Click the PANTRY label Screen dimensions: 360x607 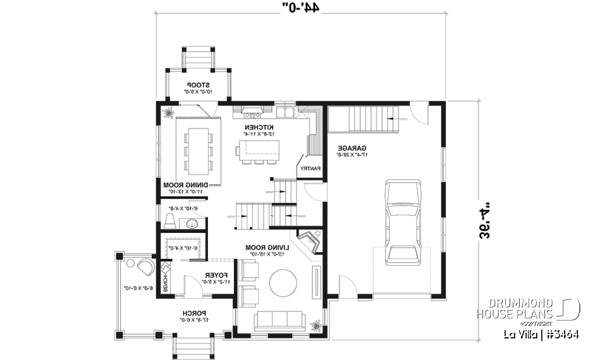tap(310, 169)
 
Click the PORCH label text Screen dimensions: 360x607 tap(192, 313)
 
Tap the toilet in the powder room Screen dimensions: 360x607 tap(169, 221)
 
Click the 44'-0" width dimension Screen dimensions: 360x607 tap(301, 8)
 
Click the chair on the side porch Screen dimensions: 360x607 tap(145, 266)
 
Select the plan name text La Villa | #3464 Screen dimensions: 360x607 tap(541, 335)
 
